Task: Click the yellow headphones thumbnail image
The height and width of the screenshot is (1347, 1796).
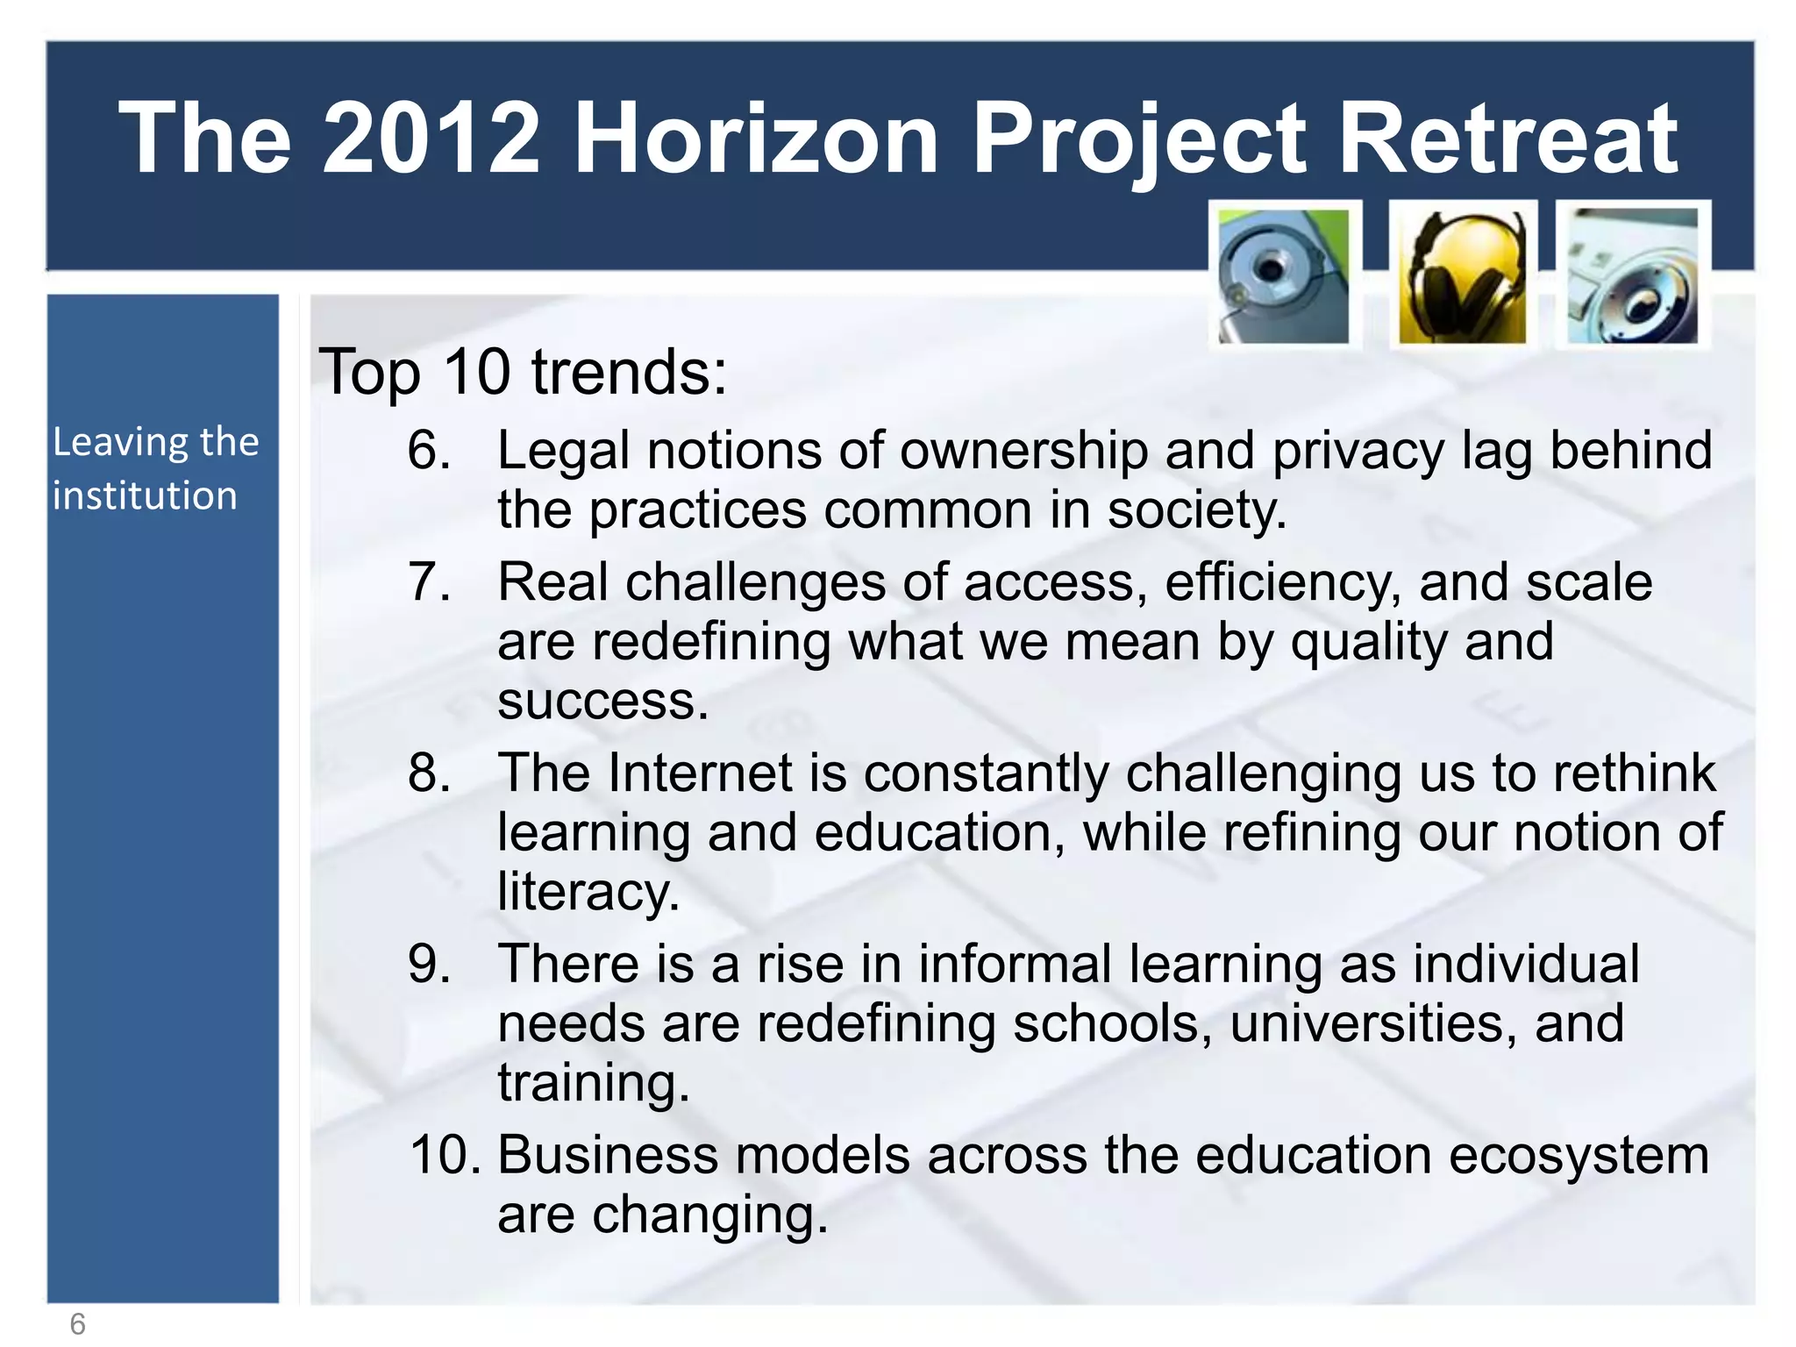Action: pyautogui.click(x=1462, y=277)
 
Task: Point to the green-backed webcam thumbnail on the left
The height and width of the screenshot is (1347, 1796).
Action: pyautogui.click(x=1284, y=277)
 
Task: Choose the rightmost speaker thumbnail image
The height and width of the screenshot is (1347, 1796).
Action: pyautogui.click(x=1632, y=277)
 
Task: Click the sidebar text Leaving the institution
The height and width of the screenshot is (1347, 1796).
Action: pyautogui.click(x=155, y=468)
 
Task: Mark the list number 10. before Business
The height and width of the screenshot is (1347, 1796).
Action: pyautogui.click(x=445, y=1155)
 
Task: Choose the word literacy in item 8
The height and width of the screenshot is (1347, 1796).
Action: pyautogui.click(x=588, y=894)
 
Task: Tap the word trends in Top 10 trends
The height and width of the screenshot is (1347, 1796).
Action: pyautogui.click(x=629, y=372)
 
